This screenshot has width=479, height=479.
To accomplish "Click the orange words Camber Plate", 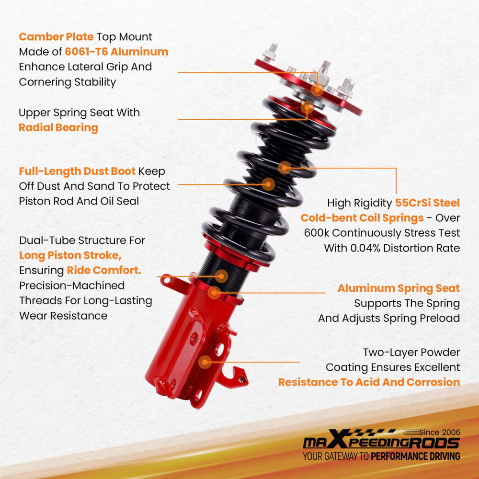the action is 56,37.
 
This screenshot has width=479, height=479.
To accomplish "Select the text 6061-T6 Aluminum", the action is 116,52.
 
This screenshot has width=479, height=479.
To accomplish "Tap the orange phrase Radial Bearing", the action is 58,128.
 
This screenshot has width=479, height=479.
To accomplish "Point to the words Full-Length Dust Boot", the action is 77,171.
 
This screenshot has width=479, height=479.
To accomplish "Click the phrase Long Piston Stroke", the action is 70,255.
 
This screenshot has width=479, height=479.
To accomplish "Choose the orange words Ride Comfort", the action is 104,270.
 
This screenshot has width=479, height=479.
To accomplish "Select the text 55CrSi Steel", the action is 427,203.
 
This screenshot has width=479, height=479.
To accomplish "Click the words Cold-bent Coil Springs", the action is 362,218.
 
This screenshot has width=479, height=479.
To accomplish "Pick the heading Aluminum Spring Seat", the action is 399,288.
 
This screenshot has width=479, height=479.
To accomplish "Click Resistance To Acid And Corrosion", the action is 369,382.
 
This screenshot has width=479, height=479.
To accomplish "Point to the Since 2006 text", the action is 440,432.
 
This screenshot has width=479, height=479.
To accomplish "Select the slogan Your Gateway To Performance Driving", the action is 381,456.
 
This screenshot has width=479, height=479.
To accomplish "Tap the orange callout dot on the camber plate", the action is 318,90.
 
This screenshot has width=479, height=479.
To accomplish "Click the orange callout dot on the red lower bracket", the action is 205,362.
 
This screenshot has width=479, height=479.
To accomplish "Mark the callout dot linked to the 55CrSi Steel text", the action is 285,168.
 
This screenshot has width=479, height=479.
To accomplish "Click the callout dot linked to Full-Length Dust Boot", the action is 268,184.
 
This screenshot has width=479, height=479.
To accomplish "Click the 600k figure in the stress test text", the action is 317,233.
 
